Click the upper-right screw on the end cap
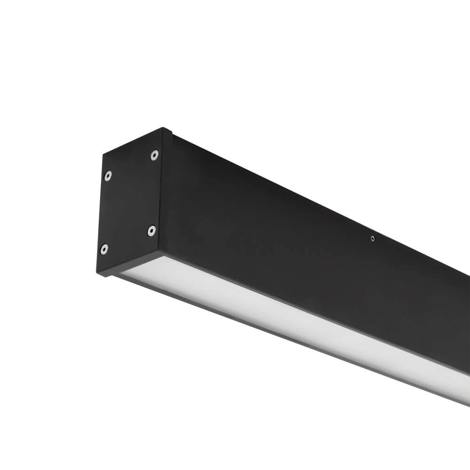[154, 155]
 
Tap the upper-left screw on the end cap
[108, 175]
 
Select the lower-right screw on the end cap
[151, 230]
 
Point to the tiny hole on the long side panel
[372, 239]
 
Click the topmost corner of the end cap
[164, 127]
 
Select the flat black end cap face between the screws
[129, 202]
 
